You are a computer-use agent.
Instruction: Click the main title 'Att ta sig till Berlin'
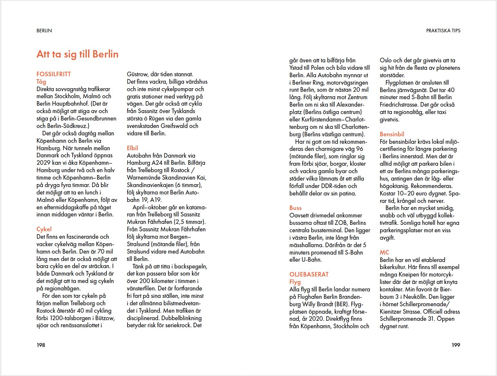(x=77, y=54)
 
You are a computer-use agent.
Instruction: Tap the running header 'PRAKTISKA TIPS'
(x=443, y=31)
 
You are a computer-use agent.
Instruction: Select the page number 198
(x=41, y=345)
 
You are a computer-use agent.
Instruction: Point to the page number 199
(x=456, y=345)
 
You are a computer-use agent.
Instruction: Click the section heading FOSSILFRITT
(x=54, y=74)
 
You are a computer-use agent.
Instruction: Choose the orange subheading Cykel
(x=44, y=229)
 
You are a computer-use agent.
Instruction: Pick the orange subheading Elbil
(x=132, y=148)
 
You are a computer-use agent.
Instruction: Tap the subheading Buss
(x=295, y=208)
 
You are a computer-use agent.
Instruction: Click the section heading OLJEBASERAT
(x=309, y=274)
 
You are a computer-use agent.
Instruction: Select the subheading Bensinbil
(x=392, y=134)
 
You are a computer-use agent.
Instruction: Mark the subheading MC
(x=384, y=252)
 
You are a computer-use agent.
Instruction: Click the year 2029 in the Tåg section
(x=44, y=163)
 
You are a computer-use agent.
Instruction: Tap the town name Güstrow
(x=137, y=74)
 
